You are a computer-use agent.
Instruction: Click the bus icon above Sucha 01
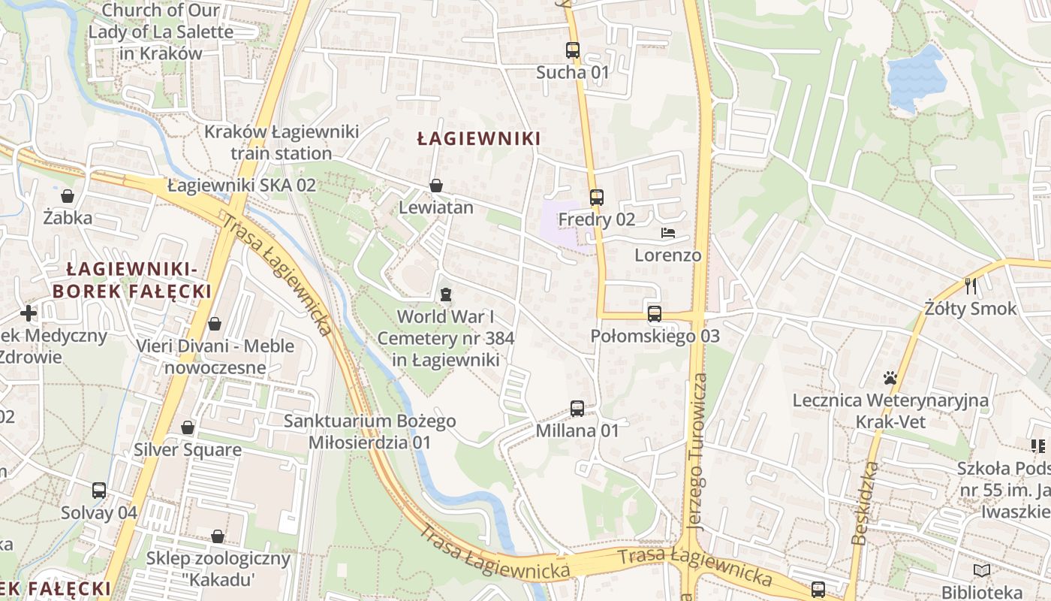click(573, 50)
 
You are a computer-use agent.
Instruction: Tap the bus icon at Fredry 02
click(597, 198)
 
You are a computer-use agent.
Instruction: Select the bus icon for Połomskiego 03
click(655, 314)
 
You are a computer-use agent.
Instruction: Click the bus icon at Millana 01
click(577, 409)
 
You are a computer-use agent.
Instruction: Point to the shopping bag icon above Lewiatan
click(436, 186)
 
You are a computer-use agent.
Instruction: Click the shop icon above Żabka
click(68, 197)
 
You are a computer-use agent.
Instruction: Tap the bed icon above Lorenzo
click(668, 233)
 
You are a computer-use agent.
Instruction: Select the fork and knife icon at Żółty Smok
click(971, 285)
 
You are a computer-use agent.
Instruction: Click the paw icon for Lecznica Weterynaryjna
click(890, 378)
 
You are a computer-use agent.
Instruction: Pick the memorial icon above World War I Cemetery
click(446, 294)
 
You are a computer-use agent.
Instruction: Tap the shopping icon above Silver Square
click(188, 427)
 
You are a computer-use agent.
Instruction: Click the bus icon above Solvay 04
click(99, 491)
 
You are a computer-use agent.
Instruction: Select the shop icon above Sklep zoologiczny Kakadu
click(218, 536)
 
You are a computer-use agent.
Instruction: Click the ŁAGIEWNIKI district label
click(479, 139)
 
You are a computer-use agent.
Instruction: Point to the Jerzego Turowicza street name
click(697, 451)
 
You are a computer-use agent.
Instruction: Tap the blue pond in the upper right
click(914, 77)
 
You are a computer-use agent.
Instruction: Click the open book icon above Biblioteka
click(982, 570)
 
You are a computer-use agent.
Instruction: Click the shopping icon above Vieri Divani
click(215, 324)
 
